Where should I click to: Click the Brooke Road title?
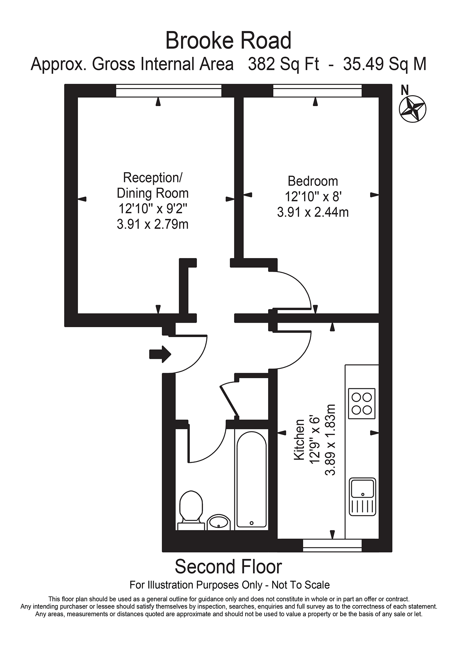[x=228, y=41]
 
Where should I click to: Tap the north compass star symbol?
[x=413, y=108]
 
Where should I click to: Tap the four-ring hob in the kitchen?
[x=362, y=403]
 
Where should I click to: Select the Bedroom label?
[x=312, y=181]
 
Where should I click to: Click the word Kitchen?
[x=299, y=440]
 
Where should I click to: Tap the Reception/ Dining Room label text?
[x=153, y=185]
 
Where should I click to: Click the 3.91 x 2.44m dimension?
[x=312, y=212]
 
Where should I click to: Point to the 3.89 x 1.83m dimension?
[x=330, y=440]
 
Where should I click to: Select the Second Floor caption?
[x=228, y=567]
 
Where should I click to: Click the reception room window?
[x=169, y=91]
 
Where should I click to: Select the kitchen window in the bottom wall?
[x=332, y=545]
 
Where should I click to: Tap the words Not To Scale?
[x=300, y=585]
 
